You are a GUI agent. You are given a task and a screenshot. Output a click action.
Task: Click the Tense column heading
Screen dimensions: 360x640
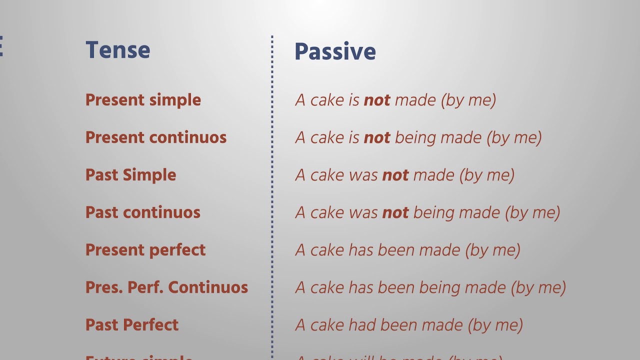117,50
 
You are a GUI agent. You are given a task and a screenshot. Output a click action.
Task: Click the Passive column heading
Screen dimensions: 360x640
335,51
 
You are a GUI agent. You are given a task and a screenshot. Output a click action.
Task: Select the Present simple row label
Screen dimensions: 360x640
143,100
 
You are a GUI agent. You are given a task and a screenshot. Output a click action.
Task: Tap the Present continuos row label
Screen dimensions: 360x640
156,137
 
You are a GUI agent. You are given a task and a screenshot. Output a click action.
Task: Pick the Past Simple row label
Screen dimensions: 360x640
130,175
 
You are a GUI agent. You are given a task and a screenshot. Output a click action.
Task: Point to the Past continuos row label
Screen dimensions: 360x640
142,212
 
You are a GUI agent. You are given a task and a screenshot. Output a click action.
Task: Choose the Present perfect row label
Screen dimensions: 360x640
145,250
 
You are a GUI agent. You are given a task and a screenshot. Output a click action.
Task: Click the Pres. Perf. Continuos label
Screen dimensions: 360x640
166,287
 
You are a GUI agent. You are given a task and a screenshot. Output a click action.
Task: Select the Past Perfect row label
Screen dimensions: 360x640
131,325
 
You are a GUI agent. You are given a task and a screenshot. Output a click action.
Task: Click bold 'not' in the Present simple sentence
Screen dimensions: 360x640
377,100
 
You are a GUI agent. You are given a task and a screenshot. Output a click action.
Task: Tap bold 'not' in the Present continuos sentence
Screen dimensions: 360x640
377,138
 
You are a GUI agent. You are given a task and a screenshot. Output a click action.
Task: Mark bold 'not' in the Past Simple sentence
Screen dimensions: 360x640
395,175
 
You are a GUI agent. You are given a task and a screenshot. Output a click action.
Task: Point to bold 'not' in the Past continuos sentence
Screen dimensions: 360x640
395,213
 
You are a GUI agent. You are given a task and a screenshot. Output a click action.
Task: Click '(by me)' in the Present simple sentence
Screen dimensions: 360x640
468,100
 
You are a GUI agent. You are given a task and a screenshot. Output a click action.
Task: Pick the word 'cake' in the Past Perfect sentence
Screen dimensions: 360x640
327,325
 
